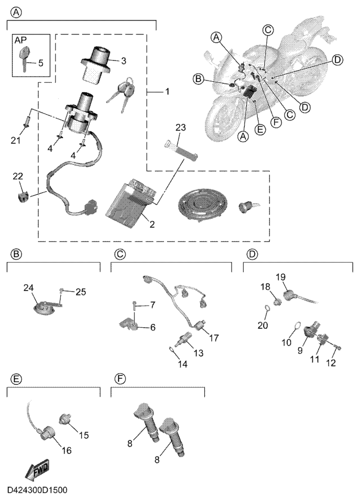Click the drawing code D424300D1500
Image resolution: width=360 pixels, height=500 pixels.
[37, 491]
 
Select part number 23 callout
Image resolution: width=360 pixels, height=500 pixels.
[181, 127]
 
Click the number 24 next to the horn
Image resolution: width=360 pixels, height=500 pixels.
[28, 287]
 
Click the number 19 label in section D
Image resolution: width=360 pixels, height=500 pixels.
[281, 276]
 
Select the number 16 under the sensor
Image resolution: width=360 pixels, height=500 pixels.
[67, 450]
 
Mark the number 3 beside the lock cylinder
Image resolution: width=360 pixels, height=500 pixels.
[123, 61]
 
